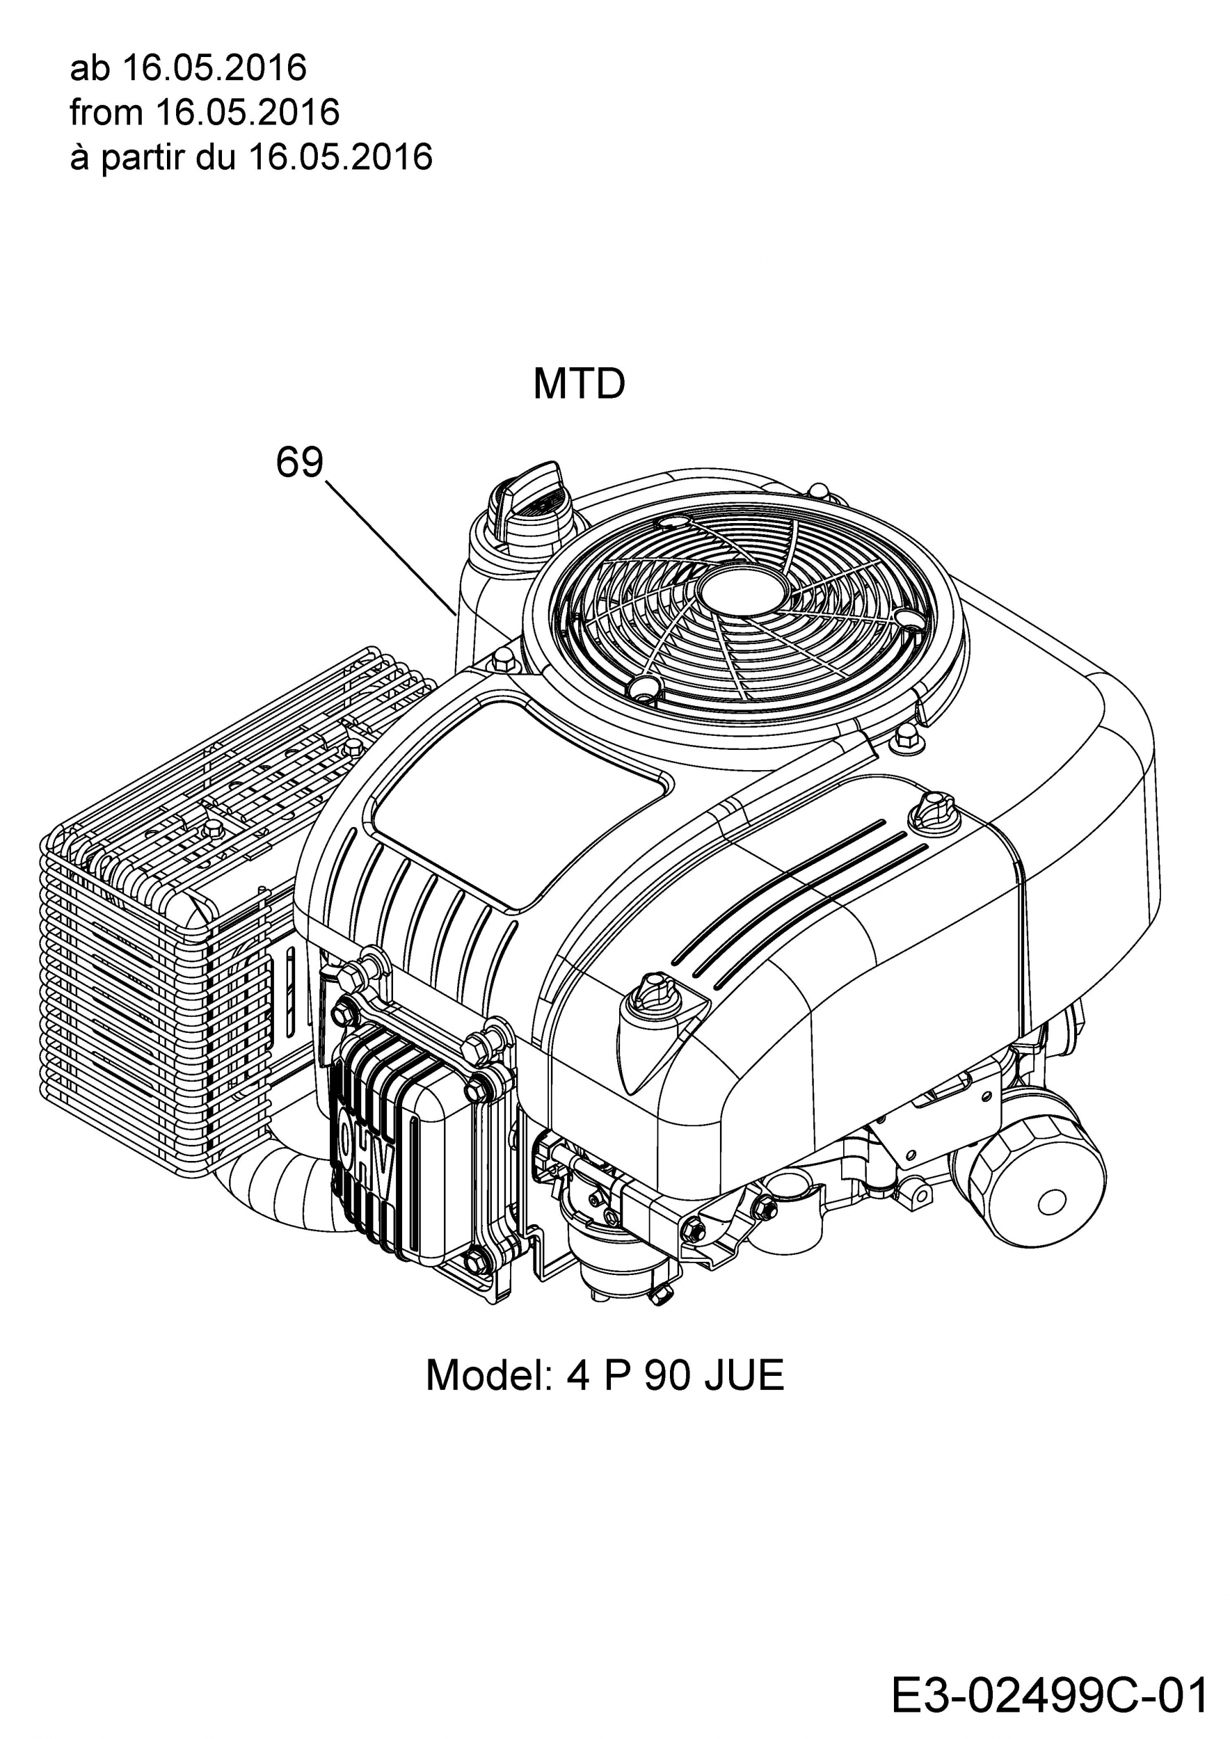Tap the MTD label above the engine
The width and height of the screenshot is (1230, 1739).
coord(580,384)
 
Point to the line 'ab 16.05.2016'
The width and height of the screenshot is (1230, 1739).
coord(188,68)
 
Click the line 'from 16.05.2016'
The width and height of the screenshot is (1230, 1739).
coord(205,112)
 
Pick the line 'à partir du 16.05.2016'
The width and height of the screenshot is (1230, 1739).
coord(250,157)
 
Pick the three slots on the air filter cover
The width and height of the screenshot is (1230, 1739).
coord(800,901)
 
